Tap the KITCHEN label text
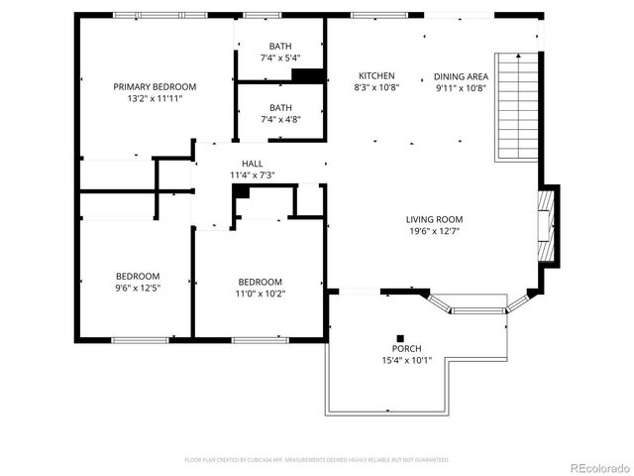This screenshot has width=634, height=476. tap(376, 75)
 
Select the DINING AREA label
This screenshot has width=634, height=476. tap(461, 75)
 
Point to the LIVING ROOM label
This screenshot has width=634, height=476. tap(434, 219)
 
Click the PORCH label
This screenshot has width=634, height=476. tap(406, 349)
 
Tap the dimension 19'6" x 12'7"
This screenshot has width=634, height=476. tap(434, 231)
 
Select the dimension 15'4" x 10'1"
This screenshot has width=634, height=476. tap(406, 361)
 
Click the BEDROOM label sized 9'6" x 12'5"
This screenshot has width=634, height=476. tap(137, 276)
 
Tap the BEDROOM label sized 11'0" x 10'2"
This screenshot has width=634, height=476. tap(259, 281)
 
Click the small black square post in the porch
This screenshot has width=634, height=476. tap(401, 336)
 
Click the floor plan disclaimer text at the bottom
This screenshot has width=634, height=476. tap(317, 459)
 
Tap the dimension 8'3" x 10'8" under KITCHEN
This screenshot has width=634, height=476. tap(376, 87)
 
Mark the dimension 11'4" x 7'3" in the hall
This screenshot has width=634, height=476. tap(252, 175)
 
